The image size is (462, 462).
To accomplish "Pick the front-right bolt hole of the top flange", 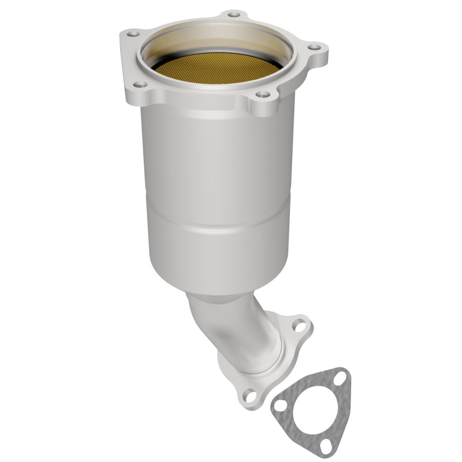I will (x=262, y=94).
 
